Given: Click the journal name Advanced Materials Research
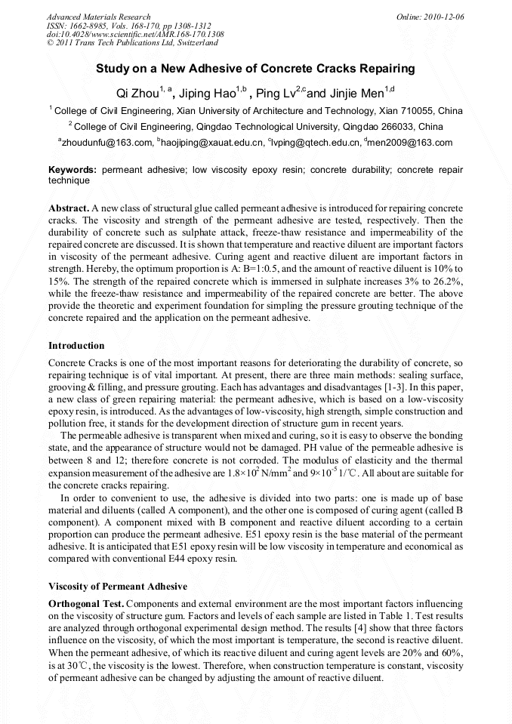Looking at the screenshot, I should tap(98, 17).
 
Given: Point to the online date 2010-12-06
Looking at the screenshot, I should tap(445, 17).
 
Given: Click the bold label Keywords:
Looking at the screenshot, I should tap(72, 171).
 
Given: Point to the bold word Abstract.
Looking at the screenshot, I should tap(69, 208).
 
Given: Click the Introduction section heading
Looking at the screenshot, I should tap(76, 346).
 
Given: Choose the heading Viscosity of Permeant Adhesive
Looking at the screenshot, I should tap(117, 587).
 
